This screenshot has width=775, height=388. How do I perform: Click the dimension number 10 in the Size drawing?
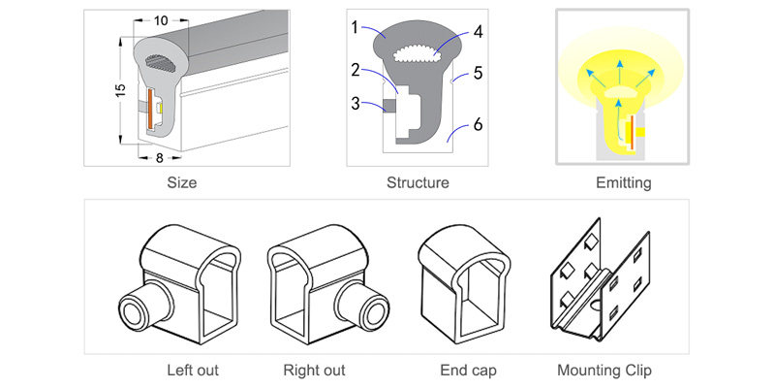pos(161,19)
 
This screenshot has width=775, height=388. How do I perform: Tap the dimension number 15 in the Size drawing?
pos(118,89)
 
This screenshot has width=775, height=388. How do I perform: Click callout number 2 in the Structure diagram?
pos(356,69)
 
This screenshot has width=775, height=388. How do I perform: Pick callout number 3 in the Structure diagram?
pos(356,102)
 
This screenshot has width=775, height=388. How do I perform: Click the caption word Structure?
pos(418,181)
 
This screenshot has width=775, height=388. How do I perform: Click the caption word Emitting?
pos(624,181)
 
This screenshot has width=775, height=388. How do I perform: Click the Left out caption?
pos(193,370)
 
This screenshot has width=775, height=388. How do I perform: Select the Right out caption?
pos(314,370)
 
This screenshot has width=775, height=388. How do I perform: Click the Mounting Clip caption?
pos(604,370)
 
